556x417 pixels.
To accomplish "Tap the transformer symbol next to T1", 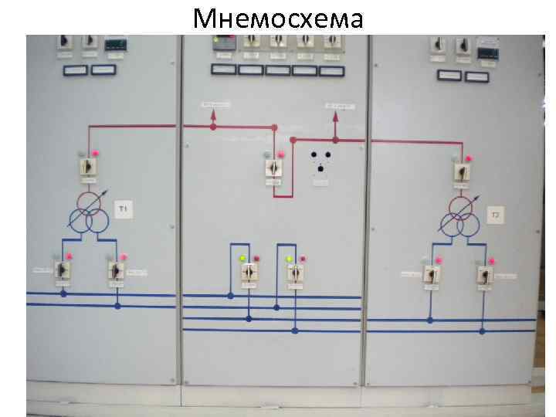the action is [88, 212].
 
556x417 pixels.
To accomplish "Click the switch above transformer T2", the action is [460, 171].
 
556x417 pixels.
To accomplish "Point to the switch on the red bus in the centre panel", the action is [273, 167].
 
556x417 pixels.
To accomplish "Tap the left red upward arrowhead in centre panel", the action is [214, 114].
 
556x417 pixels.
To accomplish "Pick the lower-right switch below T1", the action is [117, 270].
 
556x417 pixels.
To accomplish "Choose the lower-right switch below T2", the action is [484, 273].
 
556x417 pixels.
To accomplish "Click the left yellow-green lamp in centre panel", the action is [242, 259].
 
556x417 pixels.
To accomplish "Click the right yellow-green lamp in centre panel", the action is [288, 259].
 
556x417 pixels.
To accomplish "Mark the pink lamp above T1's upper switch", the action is [95, 154].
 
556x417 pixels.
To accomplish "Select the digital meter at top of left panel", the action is [115, 44].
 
